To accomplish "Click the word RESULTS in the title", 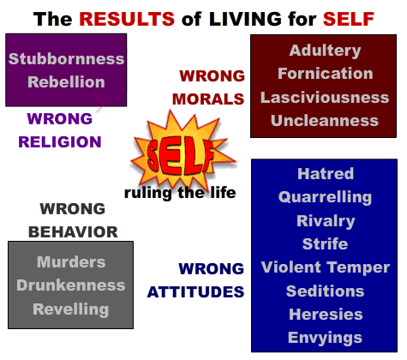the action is [x=127, y=19].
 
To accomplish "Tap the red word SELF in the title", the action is [x=349, y=19].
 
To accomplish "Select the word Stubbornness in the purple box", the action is [x=66, y=59].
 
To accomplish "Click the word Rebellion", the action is [x=66, y=82].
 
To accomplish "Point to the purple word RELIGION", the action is [x=60, y=142].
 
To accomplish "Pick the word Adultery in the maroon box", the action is [x=325, y=51].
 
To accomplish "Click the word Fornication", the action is [x=326, y=74].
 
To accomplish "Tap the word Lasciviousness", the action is [x=325, y=98].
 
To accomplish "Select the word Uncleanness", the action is [x=325, y=121].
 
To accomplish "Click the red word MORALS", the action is [x=208, y=99].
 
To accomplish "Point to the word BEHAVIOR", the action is [x=73, y=232].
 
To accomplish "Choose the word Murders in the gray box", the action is [x=71, y=262].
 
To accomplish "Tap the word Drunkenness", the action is [x=71, y=285].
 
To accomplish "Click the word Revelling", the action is [x=71, y=309].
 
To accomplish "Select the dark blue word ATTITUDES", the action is [x=195, y=292].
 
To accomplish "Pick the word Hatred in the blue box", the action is [x=326, y=174].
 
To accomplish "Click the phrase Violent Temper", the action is [x=326, y=268].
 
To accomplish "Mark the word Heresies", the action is [x=326, y=315].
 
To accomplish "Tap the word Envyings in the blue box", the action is [x=325, y=339].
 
